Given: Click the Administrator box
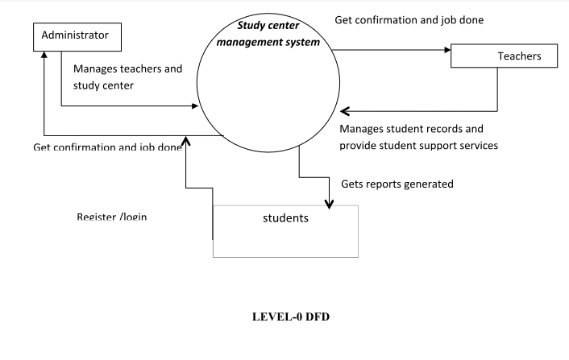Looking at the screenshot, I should [x=77, y=36].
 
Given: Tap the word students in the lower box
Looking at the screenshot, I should [x=285, y=217].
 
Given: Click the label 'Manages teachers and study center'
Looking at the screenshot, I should [x=127, y=76].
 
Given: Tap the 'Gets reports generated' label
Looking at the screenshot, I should [x=397, y=184].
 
